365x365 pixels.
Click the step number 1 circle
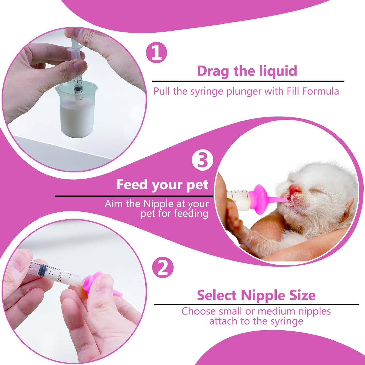coord(157,53)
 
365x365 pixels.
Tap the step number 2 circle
coord(163,267)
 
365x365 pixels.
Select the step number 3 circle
coord(202,160)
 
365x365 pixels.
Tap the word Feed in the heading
coord(132,185)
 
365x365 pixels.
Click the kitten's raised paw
coord(234,215)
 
